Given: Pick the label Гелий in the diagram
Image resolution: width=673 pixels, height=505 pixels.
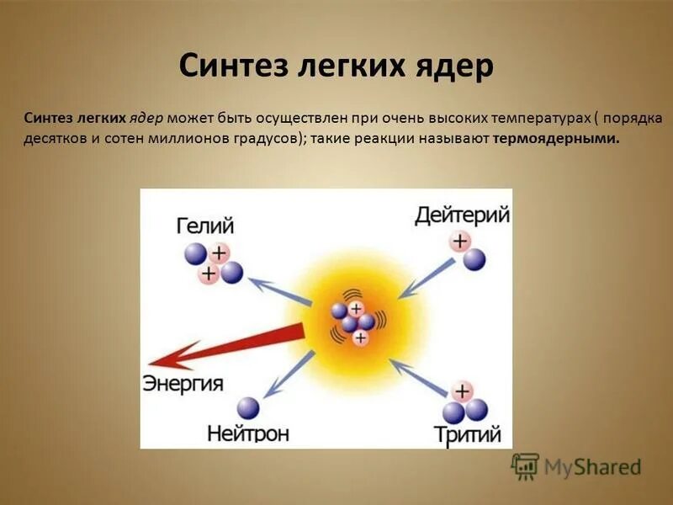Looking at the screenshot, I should pyautogui.click(x=204, y=226).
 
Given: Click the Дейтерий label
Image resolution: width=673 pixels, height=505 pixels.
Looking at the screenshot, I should pyautogui.click(x=462, y=215).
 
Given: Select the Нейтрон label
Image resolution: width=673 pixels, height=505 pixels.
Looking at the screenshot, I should pyautogui.click(x=248, y=434).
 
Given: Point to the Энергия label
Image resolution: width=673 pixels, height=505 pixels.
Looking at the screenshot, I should pyautogui.click(x=183, y=385).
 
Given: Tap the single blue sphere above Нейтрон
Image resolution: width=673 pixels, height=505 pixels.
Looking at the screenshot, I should pyautogui.click(x=248, y=408).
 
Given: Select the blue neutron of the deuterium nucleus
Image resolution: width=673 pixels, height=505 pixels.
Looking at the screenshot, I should pyautogui.click(x=474, y=258).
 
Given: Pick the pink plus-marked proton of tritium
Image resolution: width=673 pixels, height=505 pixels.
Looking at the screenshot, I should pyautogui.click(x=461, y=391).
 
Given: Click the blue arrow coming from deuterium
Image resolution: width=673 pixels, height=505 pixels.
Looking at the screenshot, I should pyautogui.click(x=427, y=279).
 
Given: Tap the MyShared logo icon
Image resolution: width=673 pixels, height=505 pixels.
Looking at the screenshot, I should pyautogui.click(x=526, y=465).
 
